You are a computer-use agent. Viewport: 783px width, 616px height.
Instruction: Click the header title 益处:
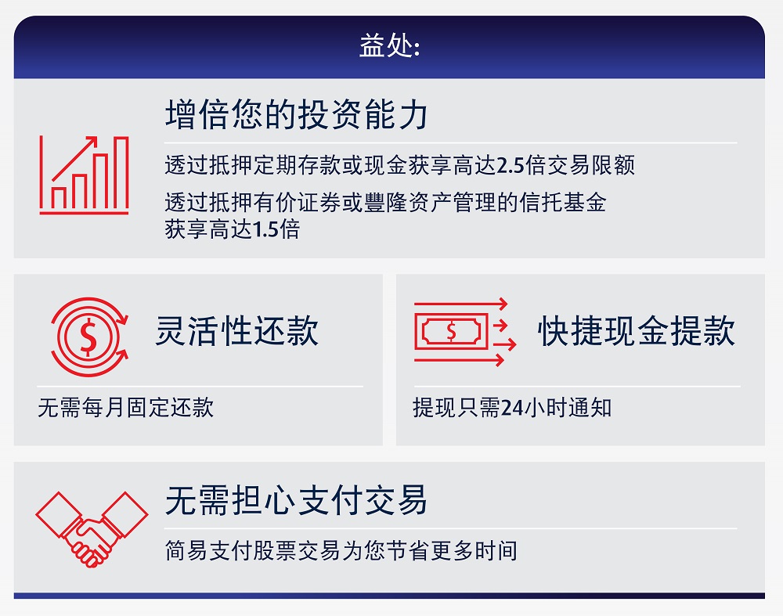390,45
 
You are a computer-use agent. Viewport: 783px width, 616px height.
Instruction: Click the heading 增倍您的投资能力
297,115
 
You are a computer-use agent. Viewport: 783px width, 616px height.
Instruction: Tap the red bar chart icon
85,175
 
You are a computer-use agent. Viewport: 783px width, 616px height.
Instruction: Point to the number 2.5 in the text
511,165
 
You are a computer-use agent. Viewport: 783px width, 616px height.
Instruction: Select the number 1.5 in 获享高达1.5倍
265,229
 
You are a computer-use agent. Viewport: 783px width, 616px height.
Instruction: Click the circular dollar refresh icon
89,337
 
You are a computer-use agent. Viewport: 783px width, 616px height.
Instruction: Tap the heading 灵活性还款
236,330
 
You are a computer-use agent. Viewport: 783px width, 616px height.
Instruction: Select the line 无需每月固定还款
126,407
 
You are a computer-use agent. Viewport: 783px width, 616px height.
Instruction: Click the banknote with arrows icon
465,332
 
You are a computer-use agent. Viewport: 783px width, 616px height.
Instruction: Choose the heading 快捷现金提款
636,330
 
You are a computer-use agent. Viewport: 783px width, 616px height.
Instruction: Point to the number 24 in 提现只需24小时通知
512,408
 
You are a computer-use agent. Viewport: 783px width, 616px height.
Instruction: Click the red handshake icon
92,530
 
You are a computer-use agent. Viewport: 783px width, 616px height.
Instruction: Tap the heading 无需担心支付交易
297,500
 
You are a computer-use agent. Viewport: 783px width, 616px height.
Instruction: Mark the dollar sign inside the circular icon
88,337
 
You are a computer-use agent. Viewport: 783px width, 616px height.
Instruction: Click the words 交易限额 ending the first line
590,165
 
